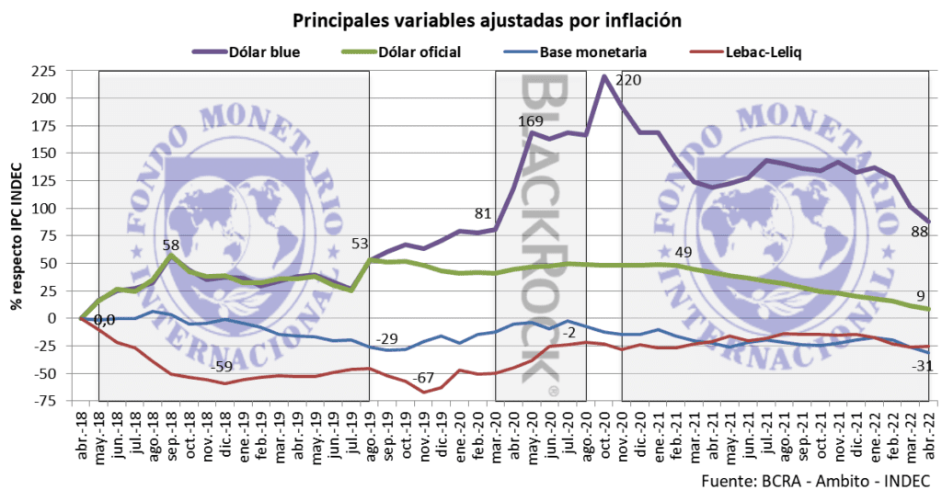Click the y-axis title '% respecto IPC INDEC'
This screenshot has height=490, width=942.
pos(17,236)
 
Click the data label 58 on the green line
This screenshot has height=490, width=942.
pos(170,245)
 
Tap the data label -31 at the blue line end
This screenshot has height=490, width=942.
pos(920,368)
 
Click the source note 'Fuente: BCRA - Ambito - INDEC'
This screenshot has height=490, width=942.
pos(814,478)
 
